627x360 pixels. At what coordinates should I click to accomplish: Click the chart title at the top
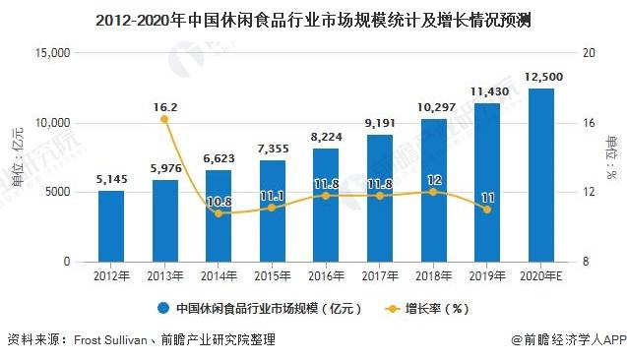tap(314, 19)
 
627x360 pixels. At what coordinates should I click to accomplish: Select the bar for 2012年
tap(111, 226)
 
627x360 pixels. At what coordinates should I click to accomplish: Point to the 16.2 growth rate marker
tap(164, 119)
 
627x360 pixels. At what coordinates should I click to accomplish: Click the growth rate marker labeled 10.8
tap(219, 212)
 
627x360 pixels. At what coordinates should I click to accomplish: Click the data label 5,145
tap(111, 179)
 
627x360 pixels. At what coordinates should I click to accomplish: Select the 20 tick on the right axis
tap(582, 53)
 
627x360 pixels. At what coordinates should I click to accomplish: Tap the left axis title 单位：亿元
tap(17, 157)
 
